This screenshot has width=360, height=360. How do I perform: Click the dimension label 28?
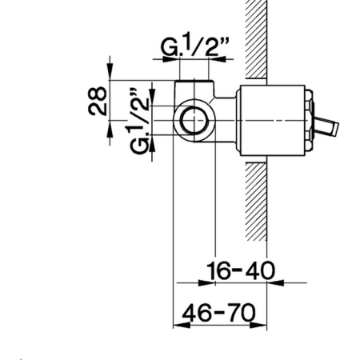pyautogui.click(x=98, y=101)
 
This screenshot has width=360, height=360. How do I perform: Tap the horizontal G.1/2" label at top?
pyautogui.click(x=195, y=46)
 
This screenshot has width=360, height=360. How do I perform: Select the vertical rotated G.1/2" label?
pyautogui.click(x=140, y=121)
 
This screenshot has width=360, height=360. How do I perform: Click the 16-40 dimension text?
pyautogui.click(x=241, y=270)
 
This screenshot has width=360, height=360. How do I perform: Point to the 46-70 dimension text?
pyautogui.click(x=218, y=312)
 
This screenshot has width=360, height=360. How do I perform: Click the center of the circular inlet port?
pyautogui.click(x=194, y=120)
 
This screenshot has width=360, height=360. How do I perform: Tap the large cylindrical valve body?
pyautogui.click(x=273, y=121)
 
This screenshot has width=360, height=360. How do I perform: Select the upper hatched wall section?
pyautogui.click(x=256, y=39)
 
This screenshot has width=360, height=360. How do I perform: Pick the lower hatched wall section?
pyautogui.click(x=256, y=202)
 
